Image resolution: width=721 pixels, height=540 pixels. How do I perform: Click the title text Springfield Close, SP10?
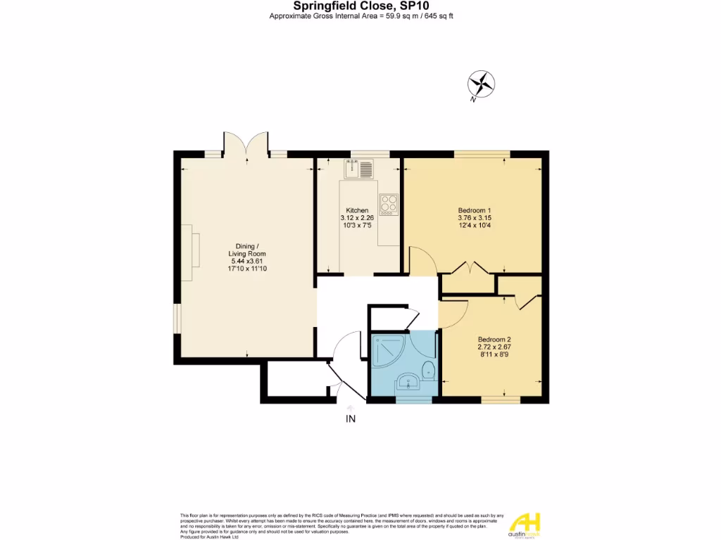click(x=360, y=6)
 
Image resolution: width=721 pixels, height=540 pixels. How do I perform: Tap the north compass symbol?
click(x=482, y=84)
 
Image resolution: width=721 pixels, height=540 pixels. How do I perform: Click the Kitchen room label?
click(x=357, y=210)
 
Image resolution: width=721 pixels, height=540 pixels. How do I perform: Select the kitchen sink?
click(x=359, y=169)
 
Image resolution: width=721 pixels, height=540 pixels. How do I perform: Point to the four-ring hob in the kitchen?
click(x=388, y=203)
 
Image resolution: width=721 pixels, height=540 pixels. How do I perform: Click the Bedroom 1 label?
click(x=475, y=210)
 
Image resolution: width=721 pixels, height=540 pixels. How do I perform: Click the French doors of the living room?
click(x=246, y=144)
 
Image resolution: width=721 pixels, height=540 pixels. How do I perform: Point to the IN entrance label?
click(x=351, y=420)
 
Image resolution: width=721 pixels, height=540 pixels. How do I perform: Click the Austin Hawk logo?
click(x=525, y=525)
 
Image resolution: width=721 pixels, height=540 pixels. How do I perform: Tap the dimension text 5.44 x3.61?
click(x=246, y=261)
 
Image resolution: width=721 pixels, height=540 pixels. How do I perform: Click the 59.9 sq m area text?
click(x=397, y=15)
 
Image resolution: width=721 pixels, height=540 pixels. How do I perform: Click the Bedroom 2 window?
click(x=501, y=400)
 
